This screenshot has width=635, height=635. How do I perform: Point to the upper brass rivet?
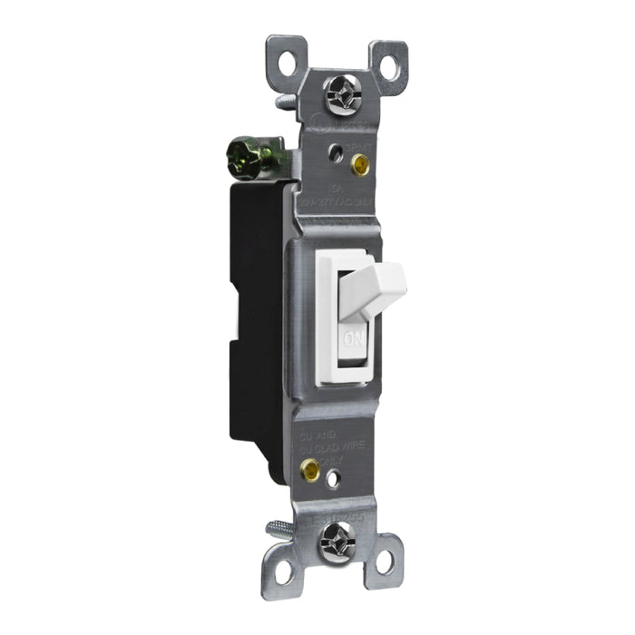[x=361, y=165]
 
